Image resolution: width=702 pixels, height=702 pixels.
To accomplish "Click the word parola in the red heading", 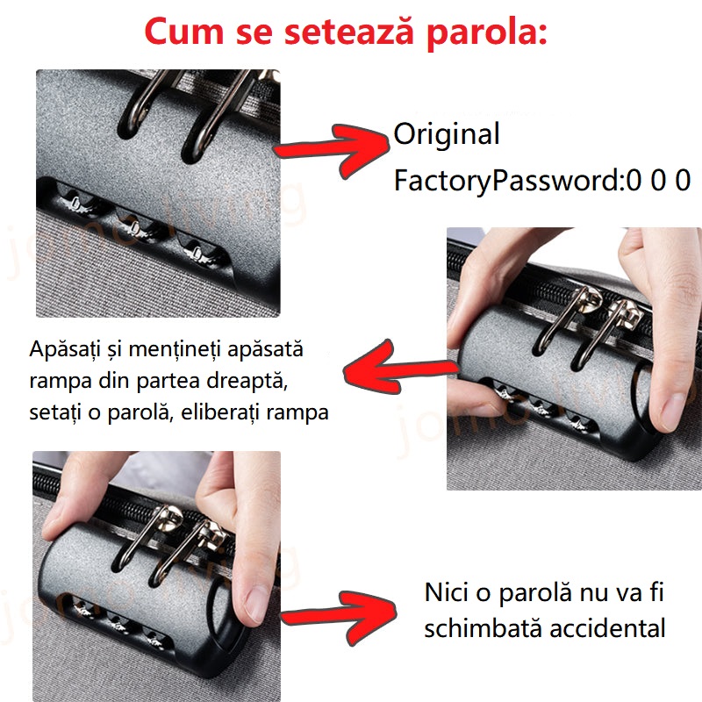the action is tap(487, 32).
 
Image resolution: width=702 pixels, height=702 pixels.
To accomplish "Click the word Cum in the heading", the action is tap(184, 32).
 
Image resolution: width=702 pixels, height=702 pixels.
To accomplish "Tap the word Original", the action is tap(447, 134).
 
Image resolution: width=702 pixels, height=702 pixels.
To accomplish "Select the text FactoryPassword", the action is tap(506, 182).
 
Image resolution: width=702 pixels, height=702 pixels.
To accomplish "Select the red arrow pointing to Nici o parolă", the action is tap(339, 618).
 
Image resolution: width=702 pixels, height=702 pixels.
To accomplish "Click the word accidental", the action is tap(607, 628).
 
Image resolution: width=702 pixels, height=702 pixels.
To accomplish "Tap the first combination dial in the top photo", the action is tap(76, 200).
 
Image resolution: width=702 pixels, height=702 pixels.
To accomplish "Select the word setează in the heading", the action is tap(348, 32).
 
